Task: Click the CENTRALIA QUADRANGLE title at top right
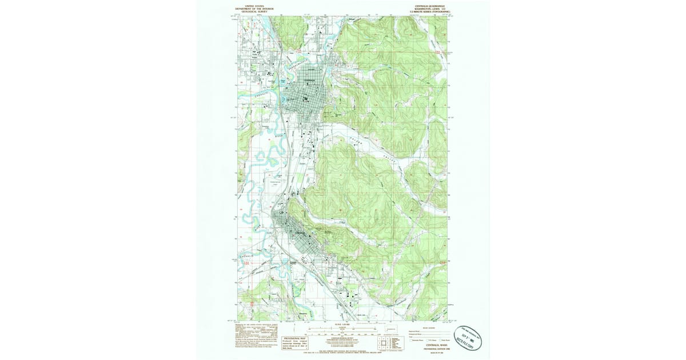(427, 6)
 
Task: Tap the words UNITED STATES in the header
(255, 6)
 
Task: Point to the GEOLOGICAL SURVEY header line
(255, 11)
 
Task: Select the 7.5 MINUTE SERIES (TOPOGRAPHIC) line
(427, 11)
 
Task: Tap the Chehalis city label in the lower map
(302, 234)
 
